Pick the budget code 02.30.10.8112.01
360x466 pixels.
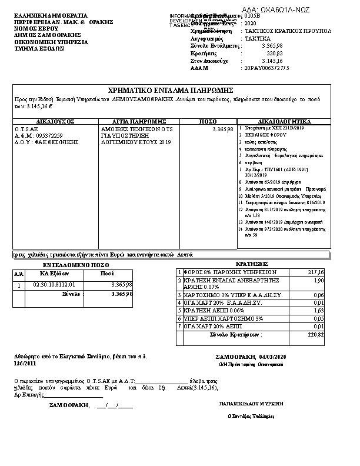coord(54,285)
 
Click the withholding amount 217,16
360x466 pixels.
coord(316,272)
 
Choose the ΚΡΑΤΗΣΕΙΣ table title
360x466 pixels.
coord(252,264)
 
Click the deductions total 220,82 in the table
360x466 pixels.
coord(316,334)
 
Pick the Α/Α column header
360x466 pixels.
coord(18,274)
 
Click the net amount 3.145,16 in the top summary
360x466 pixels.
coord(271,61)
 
